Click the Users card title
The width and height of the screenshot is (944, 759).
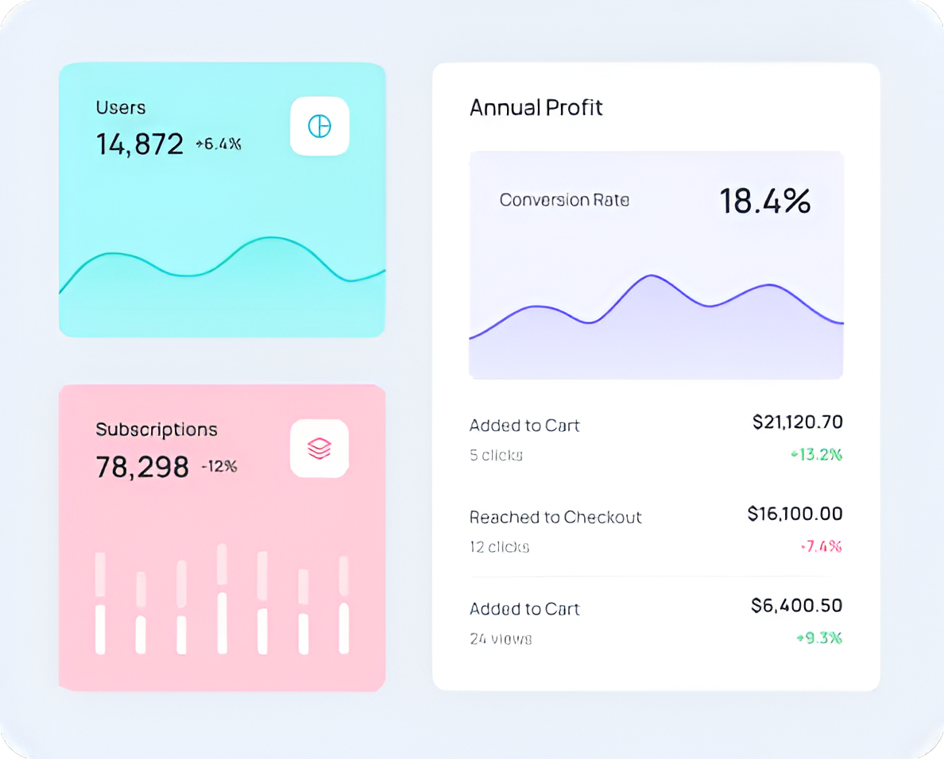click(x=121, y=107)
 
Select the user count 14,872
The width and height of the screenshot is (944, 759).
click(x=140, y=144)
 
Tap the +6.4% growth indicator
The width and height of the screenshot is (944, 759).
click(x=219, y=144)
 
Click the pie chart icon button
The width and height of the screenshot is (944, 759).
click(x=319, y=126)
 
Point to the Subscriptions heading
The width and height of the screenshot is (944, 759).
click(x=157, y=430)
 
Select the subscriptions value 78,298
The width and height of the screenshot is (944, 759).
click(x=142, y=467)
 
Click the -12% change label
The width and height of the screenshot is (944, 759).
click(x=219, y=466)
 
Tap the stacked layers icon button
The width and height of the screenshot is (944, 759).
click(x=319, y=449)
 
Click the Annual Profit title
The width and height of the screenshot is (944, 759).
click(x=536, y=107)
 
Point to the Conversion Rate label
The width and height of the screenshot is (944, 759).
click(x=564, y=200)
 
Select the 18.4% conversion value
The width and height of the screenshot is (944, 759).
click(x=764, y=201)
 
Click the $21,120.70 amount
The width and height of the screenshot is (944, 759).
click(x=797, y=422)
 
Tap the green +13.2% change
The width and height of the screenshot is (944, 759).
click(x=816, y=455)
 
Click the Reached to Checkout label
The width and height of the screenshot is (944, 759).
click(x=555, y=518)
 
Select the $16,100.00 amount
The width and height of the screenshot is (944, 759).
click(x=795, y=514)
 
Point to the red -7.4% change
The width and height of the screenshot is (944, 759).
click(x=820, y=546)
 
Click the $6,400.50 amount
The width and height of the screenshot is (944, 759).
click(x=796, y=606)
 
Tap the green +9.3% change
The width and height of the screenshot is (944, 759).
click(x=818, y=638)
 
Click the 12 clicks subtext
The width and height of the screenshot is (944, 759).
click(x=499, y=547)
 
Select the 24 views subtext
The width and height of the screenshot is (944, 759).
click(x=501, y=639)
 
